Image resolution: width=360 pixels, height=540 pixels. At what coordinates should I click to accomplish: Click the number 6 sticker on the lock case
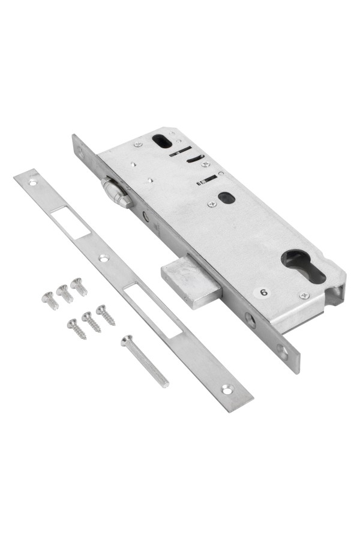263,293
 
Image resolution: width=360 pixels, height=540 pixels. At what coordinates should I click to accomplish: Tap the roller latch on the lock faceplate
116,192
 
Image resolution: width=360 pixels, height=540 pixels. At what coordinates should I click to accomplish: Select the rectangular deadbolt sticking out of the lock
191,281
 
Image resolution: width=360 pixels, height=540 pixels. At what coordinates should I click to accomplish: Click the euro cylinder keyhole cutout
304,266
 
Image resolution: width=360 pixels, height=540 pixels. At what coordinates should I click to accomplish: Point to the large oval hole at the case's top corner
162,141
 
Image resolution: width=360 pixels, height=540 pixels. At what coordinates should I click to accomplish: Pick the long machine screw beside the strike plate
145,361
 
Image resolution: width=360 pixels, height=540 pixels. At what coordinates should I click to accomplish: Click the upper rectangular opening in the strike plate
70,222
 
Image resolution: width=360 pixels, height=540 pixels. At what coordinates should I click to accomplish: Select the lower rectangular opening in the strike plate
153,310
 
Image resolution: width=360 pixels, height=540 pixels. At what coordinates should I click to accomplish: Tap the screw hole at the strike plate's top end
33,182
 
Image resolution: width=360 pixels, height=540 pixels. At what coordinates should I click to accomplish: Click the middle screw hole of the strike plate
104,257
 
